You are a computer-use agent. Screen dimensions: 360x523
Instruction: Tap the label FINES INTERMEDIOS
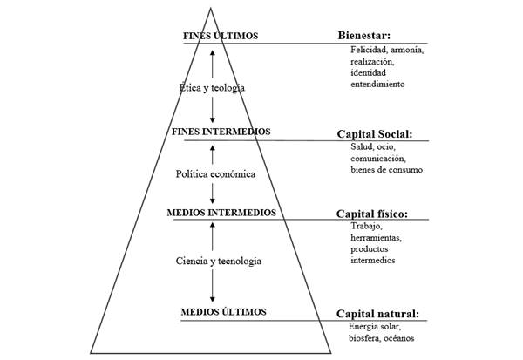pyautogui.click(x=221, y=132)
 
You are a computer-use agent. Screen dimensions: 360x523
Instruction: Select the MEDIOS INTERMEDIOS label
pyautogui.click(x=221, y=212)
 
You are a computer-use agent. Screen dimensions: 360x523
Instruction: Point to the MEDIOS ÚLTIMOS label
pyautogui.click(x=223, y=311)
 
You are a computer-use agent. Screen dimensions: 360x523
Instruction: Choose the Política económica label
pyautogui.click(x=215, y=173)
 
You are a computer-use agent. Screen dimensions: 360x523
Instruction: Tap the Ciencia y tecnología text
pyautogui.click(x=218, y=261)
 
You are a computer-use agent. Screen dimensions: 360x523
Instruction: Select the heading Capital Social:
pyautogui.click(x=375, y=134)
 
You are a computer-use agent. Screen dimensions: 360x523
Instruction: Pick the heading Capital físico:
pyautogui.click(x=372, y=214)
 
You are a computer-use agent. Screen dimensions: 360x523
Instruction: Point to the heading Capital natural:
pyautogui.click(x=377, y=314)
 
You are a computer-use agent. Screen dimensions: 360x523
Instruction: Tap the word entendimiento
pyautogui.click(x=377, y=85)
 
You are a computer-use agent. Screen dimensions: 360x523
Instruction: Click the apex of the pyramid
pyautogui.click(x=210, y=9)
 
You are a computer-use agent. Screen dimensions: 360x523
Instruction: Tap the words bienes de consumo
pyautogui.click(x=386, y=170)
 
